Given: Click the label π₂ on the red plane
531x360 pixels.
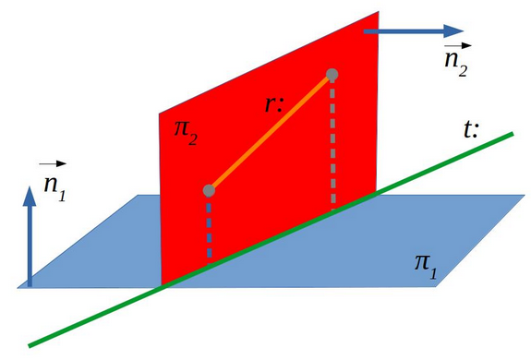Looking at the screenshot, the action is pyautogui.click(x=186, y=133).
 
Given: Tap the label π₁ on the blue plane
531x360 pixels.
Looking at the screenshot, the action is pyautogui.click(x=426, y=267).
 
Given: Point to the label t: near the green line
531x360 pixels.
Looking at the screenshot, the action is pyautogui.click(x=471, y=129).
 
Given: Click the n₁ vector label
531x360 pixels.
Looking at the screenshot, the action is pyautogui.click(x=54, y=188).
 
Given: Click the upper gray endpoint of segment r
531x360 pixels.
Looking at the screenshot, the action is pyautogui.click(x=332, y=74).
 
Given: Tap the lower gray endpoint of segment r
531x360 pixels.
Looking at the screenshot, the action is pyautogui.click(x=209, y=190).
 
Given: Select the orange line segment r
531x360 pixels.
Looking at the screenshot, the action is pyautogui.click(x=271, y=132).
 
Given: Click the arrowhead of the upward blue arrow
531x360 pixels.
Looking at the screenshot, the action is pyautogui.click(x=30, y=196).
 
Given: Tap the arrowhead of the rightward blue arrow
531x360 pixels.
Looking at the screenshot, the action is pyautogui.click(x=453, y=31).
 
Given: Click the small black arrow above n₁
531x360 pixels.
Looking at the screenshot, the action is pyautogui.click(x=53, y=163).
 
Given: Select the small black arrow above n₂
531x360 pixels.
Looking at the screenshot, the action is pyautogui.click(x=458, y=45).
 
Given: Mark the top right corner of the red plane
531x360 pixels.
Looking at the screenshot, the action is pyautogui.click(x=379, y=11).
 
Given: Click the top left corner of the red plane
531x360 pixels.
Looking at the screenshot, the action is pyautogui.click(x=160, y=114).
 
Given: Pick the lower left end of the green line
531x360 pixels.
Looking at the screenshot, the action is pyautogui.click(x=30, y=346).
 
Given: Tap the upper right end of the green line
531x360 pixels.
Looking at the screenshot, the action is pyautogui.click(x=513, y=133).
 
